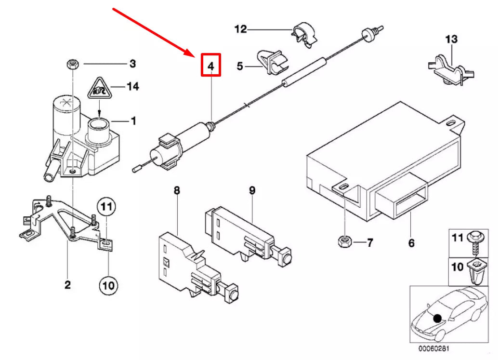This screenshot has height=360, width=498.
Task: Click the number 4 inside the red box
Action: [210, 66]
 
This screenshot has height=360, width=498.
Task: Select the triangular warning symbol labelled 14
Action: [98, 88]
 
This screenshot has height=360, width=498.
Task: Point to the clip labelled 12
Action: [303, 33]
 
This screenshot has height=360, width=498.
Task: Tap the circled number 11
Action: [107, 208]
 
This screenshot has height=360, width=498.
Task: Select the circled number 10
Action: [107, 285]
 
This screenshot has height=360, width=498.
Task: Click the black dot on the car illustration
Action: [437, 318]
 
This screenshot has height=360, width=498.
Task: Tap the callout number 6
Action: [411, 243]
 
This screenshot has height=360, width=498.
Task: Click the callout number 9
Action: [251, 191]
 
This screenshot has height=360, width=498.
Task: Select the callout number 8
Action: [177, 191]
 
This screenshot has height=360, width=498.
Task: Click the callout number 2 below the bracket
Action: [67, 284]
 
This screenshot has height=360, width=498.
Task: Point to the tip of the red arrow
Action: [193, 53]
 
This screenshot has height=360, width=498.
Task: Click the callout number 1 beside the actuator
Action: [133, 120]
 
